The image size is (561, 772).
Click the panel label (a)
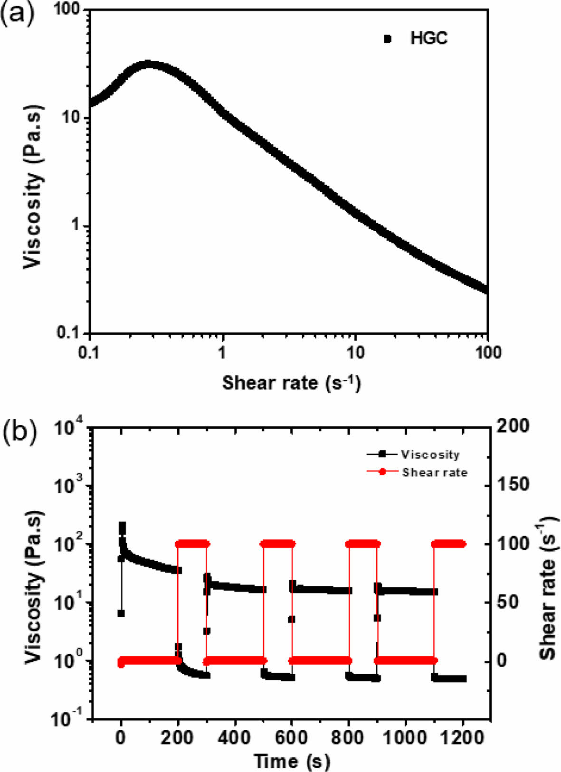point(18,14)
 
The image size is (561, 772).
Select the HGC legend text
point(428,38)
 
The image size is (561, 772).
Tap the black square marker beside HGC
point(388,39)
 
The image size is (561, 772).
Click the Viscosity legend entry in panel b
point(430,454)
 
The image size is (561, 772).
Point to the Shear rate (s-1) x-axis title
point(291,382)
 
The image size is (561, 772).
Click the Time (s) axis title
point(291,761)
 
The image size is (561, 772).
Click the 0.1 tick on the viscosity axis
point(70,333)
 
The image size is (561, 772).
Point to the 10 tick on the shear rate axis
point(355,352)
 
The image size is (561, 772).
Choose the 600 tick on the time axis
point(291,737)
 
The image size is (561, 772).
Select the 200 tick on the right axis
point(513,426)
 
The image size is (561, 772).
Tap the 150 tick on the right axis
point(513,485)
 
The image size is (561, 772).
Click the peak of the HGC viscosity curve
point(148,64)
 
